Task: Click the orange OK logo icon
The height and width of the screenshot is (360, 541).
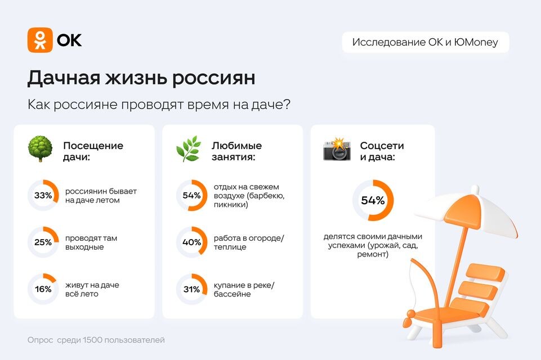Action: click(40, 40)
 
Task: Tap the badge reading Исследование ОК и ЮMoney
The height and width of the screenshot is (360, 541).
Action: click(425, 42)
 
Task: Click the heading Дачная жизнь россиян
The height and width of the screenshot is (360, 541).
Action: click(141, 78)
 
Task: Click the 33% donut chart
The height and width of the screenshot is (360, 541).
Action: click(43, 196)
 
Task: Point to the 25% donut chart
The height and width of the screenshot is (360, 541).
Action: click(43, 242)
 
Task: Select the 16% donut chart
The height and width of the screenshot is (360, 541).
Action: click(43, 289)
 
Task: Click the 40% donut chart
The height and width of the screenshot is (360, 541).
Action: click(191, 242)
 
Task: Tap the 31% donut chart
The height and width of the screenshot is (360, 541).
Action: click(191, 289)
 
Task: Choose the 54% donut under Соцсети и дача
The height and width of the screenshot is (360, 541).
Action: click(373, 200)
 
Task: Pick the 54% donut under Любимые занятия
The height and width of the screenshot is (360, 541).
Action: click(191, 196)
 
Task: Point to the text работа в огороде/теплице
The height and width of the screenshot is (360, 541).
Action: click(249, 242)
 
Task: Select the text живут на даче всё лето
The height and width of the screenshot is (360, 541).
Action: click(92, 289)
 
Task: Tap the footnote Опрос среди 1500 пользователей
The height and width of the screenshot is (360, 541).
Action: click(96, 340)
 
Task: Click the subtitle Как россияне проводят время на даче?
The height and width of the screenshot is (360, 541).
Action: click(159, 105)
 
